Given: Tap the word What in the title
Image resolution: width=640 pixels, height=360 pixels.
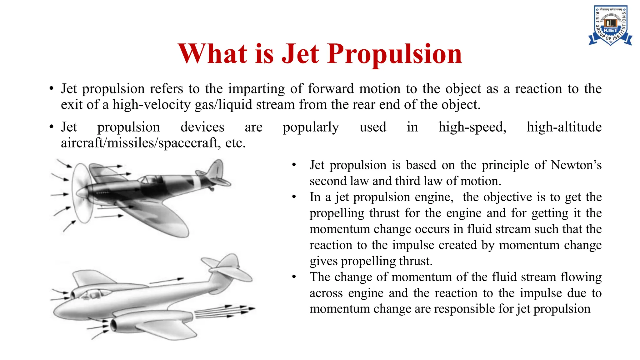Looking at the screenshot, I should coord(212,54).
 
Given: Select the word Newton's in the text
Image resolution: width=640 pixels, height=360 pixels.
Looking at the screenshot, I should coord(576,165).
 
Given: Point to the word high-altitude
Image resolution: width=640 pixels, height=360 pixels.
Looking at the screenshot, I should coord(564,127).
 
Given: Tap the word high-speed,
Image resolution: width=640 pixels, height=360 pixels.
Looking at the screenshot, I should coord(472,127).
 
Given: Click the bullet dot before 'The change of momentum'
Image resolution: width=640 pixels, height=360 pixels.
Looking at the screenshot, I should coord(294,277).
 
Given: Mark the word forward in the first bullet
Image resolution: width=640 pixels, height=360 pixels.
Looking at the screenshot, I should coord(331,89).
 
